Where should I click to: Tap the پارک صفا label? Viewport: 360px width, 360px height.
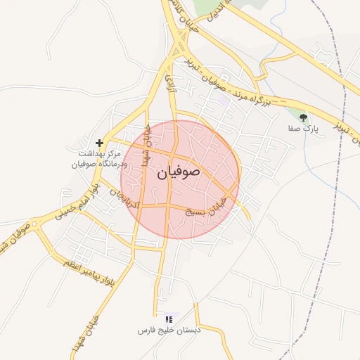[x=304, y=129]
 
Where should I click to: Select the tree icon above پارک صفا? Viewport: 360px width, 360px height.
[x=304, y=117]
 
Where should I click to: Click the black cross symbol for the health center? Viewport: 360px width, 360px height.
[x=99, y=143]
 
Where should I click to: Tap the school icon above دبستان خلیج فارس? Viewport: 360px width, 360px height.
[x=168, y=319]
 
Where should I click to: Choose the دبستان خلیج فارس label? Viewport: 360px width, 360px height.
[x=169, y=330]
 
